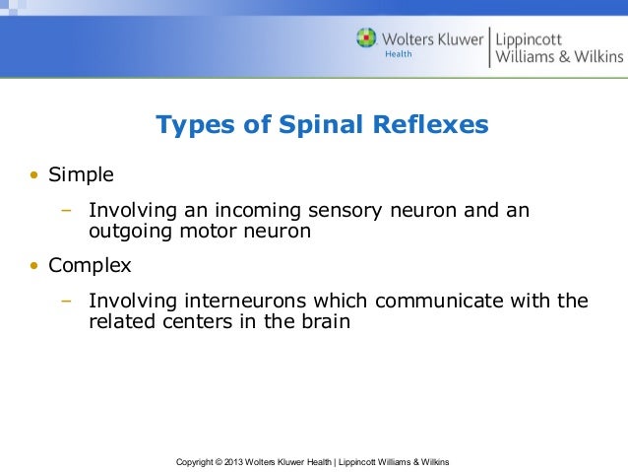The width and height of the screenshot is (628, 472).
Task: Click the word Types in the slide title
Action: click(x=192, y=126)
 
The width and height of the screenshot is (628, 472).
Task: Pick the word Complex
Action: click(x=90, y=266)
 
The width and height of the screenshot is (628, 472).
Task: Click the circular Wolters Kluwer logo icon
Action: click(x=367, y=38)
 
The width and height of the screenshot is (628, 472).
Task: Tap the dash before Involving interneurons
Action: click(x=66, y=300)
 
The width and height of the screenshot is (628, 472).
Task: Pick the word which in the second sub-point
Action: click(x=335, y=300)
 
